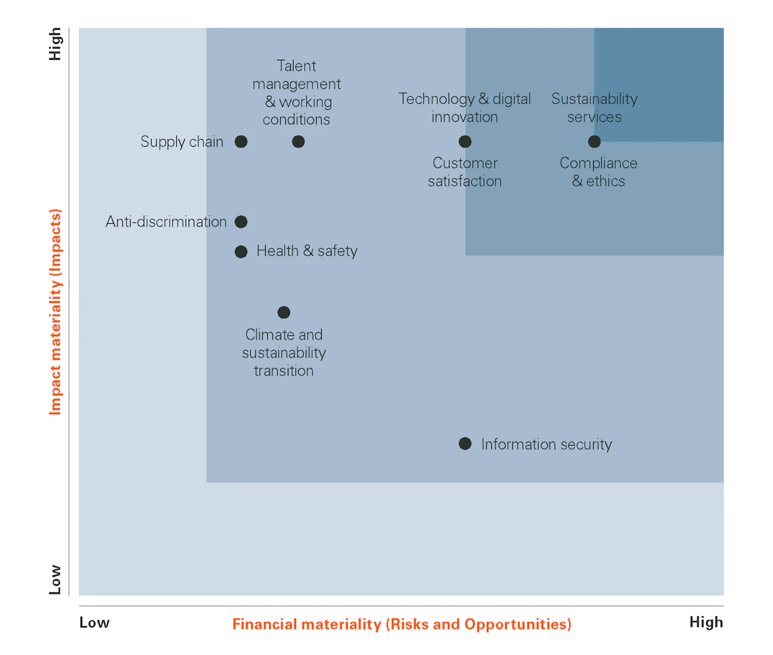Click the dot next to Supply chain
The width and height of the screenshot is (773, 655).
(x=241, y=141)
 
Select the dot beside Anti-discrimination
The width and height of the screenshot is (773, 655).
(x=241, y=222)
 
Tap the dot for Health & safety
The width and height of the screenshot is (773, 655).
(x=241, y=252)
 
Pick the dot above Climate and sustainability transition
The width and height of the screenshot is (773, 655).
(x=284, y=312)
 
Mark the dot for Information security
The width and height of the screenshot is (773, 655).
(x=465, y=444)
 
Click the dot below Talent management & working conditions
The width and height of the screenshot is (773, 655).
(x=298, y=141)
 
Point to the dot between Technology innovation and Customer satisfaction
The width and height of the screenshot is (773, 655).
(x=465, y=141)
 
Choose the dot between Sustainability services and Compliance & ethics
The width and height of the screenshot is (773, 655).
(x=594, y=141)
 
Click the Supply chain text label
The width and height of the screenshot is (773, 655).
(x=182, y=141)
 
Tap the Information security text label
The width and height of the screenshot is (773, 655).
(x=546, y=444)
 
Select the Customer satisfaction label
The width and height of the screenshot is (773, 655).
(x=465, y=172)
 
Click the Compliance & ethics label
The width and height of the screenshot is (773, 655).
(x=598, y=172)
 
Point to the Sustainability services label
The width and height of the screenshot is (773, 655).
(x=595, y=108)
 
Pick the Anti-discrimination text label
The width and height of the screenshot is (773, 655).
(x=166, y=222)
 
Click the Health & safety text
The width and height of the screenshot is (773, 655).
(x=307, y=251)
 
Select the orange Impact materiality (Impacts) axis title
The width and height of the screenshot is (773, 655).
(x=56, y=311)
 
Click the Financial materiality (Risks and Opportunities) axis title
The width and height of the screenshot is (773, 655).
(x=401, y=624)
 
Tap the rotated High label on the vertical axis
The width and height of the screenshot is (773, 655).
(x=55, y=44)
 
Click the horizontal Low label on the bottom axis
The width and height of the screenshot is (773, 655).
(x=95, y=623)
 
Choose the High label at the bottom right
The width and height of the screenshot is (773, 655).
(x=706, y=622)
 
